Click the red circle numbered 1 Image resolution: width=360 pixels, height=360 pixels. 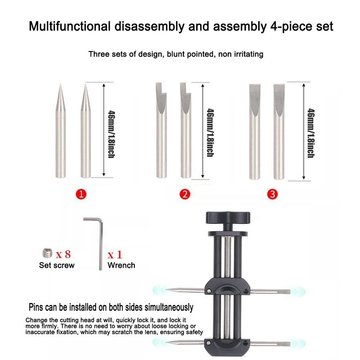[81, 195]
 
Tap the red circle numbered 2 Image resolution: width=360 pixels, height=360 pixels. [185, 195]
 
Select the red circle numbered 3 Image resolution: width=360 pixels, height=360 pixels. [273, 195]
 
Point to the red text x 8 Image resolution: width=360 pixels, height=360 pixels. [63, 254]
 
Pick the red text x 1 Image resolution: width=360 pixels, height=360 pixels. [115, 255]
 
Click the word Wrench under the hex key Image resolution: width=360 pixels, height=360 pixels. [121, 265]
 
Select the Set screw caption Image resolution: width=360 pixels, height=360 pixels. [57, 265]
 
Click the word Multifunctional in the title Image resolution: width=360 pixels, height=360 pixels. [69, 26]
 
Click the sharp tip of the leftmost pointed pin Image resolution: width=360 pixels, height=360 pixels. [60, 85]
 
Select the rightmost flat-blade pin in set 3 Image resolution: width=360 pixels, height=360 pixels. [279, 131]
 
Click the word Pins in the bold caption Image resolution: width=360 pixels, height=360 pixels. [38, 307]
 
